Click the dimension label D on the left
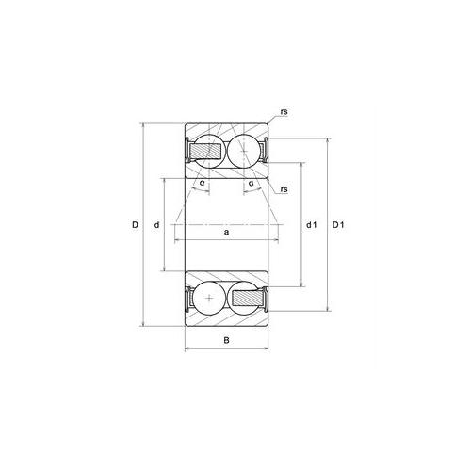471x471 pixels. click(136, 224)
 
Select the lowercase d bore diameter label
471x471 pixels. click(157, 224)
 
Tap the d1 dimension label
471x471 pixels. click(312, 224)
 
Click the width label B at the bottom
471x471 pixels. click(226, 340)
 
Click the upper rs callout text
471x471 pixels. click(283, 113)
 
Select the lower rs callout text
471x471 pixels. click(283, 190)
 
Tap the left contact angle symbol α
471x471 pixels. click(203, 182)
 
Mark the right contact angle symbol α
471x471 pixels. click(251, 182)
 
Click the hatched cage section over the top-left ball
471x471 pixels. click(203, 150)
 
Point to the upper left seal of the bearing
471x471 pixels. click(187, 149)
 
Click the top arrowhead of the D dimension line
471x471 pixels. click(144, 124)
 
